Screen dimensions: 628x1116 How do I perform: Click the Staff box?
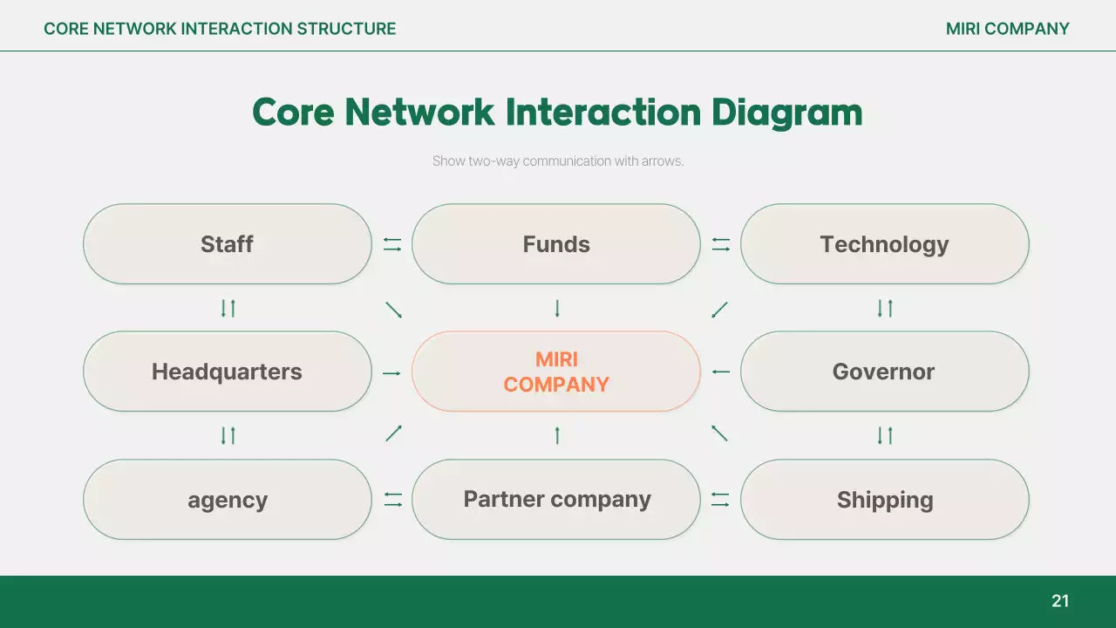tap(228, 244)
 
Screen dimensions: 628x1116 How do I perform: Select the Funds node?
tap(556, 244)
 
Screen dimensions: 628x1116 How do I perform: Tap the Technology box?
tap(884, 244)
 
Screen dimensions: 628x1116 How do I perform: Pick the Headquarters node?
tap(228, 372)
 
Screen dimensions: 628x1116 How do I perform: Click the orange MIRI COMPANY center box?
tap(556, 372)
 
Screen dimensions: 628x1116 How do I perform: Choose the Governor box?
tap(884, 372)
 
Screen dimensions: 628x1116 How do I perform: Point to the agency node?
tap(228, 500)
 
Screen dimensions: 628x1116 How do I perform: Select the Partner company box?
tap(556, 500)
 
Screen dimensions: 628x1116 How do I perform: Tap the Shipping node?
tap(884, 500)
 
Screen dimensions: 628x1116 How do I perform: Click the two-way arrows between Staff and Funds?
tap(392, 245)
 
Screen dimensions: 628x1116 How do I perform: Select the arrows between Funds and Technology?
tap(721, 245)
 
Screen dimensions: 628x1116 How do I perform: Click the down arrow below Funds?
tap(557, 308)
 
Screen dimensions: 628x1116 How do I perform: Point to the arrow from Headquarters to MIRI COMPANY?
tap(391, 373)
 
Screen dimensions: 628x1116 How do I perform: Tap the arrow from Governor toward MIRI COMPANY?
tap(720, 372)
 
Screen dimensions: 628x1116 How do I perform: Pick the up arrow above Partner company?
tap(557, 435)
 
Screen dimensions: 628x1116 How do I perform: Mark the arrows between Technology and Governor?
tap(885, 308)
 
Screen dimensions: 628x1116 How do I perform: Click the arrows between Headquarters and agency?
tap(228, 435)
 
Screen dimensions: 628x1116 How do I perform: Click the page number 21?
tap(1060, 601)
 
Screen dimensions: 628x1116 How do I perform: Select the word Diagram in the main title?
tap(786, 113)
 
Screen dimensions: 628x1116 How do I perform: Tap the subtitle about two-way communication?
tap(558, 161)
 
